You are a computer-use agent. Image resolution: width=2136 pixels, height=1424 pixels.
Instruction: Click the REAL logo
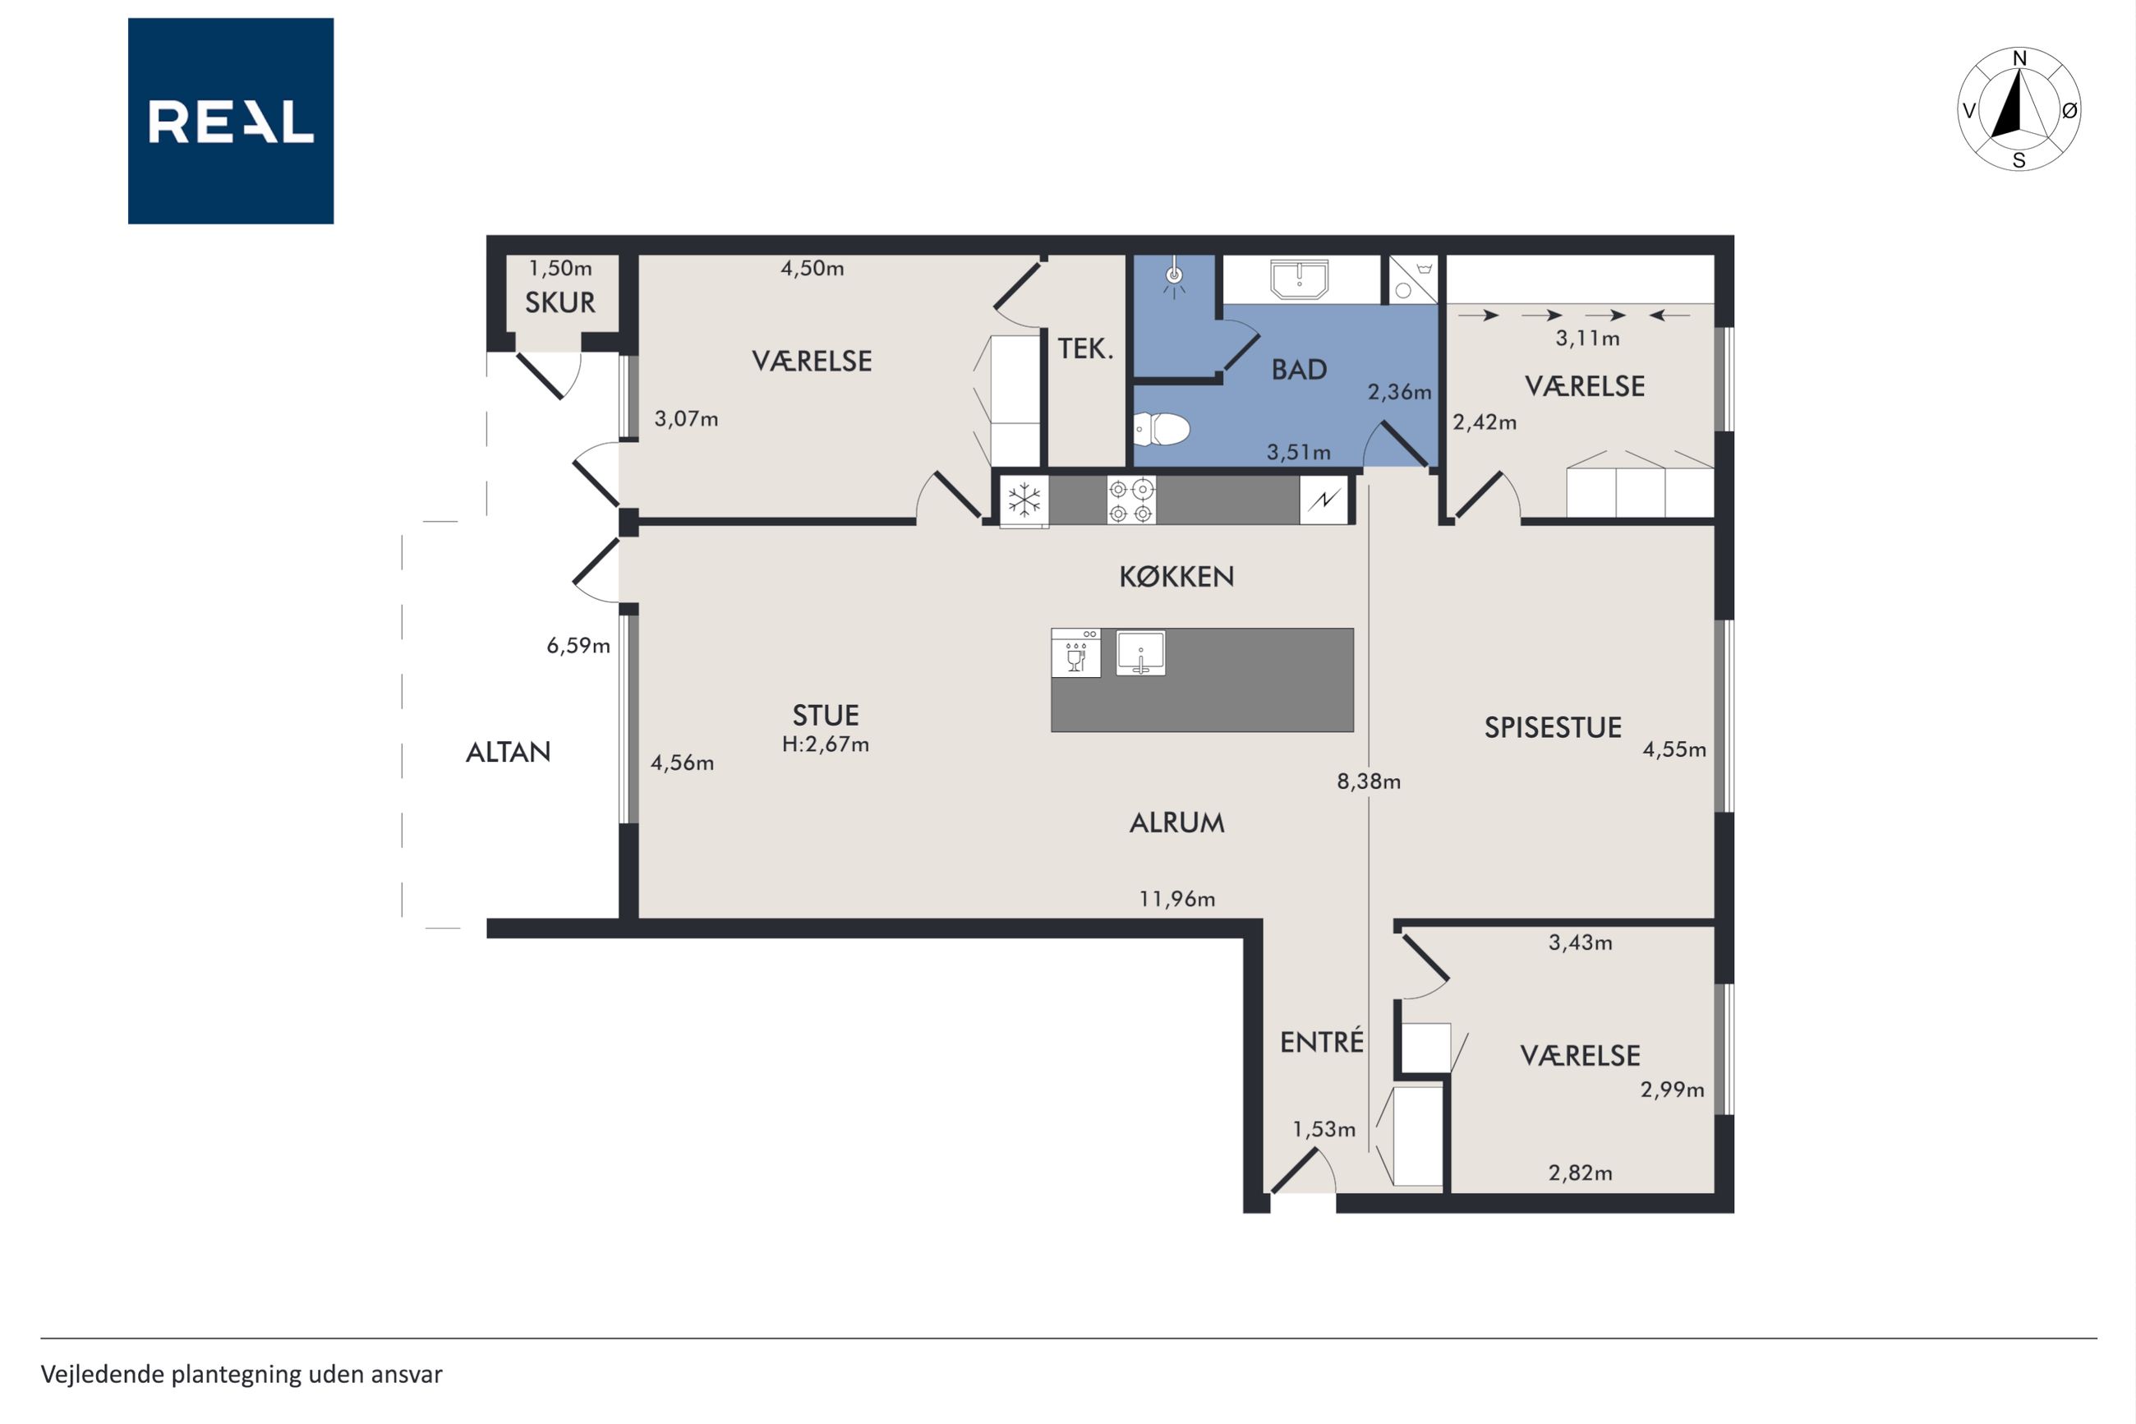pos(231,121)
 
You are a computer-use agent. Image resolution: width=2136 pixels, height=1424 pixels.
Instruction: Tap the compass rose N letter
pos(2020,59)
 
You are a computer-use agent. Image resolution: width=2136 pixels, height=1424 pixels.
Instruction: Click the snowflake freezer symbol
pos(1024,500)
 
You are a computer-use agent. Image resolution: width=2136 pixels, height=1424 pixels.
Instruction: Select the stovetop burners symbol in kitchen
pos(1131,500)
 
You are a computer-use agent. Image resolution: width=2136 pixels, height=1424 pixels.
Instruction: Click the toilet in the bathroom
pos(1161,429)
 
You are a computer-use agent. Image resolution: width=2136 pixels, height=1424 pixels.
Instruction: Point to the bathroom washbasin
pos(1299,279)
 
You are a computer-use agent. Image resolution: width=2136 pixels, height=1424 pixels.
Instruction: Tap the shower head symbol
pos(1175,276)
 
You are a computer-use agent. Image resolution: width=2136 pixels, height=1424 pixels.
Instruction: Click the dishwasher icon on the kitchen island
pos(1075,653)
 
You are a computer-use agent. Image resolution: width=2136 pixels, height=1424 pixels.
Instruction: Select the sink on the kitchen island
pos(1141,653)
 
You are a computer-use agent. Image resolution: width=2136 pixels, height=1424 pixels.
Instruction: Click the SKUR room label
pos(560,302)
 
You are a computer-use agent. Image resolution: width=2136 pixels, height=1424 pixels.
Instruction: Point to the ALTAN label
pos(509,752)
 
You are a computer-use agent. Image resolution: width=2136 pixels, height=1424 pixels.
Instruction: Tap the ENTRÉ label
pos(1322,1041)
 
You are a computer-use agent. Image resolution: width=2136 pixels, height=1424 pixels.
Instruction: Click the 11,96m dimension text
pos(1177,899)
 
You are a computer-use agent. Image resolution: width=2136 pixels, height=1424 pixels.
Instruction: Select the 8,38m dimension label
pos(1369,781)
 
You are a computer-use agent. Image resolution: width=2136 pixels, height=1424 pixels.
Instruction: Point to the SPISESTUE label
pos(1553,727)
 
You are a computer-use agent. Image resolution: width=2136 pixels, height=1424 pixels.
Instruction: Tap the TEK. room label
pos(1086,348)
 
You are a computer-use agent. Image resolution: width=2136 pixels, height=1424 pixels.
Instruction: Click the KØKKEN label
pos(1176,577)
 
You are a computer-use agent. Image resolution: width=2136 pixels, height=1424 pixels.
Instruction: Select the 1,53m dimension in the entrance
pos(1324,1129)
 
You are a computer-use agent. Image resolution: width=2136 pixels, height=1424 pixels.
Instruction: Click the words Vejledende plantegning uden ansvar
pos(242,1374)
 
